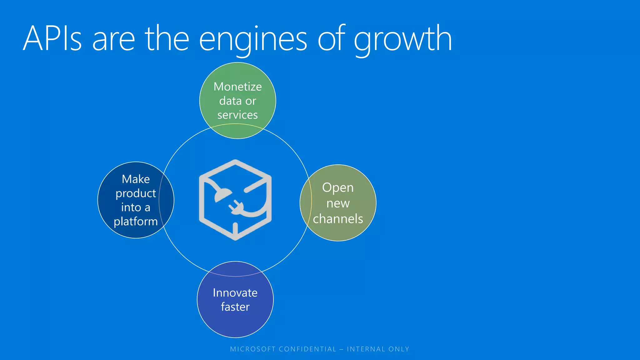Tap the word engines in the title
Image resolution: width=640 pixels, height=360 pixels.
pyautogui.click(x=253, y=39)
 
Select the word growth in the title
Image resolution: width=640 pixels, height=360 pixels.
pyautogui.click(x=403, y=39)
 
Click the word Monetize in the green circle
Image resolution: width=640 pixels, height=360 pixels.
pyautogui.click(x=237, y=87)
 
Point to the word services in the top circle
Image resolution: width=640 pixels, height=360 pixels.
pyautogui.click(x=237, y=115)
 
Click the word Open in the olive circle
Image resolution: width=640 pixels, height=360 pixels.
pyautogui.click(x=338, y=188)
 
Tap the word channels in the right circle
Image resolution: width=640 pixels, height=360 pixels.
pyautogui.click(x=338, y=219)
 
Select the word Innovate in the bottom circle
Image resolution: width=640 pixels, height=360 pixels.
pyautogui.click(x=235, y=293)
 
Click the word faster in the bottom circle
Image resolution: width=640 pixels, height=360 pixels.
pyautogui.click(x=235, y=307)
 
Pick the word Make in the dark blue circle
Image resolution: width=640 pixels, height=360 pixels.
pyautogui.click(x=136, y=179)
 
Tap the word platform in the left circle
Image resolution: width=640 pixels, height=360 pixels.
pyautogui.click(x=136, y=222)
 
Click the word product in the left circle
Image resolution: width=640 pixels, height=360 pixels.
pyautogui.click(x=136, y=193)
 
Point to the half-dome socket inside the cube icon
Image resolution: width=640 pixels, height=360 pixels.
pyautogui.click(x=222, y=195)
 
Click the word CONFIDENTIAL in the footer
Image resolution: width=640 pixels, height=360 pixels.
pyautogui.click(x=307, y=349)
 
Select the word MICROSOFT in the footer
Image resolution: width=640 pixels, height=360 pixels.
pyautogui.click(x=252, y=349)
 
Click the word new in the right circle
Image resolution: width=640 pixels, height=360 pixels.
pyautogui.click(x=338, y=203)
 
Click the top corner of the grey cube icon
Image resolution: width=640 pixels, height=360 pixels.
pyautogui.click(x=235, y=162)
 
